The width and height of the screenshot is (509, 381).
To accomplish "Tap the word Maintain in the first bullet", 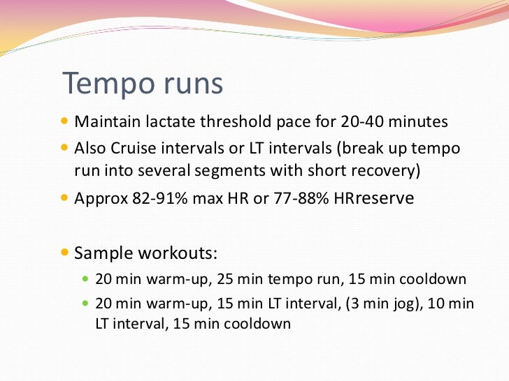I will click(x=104, y=122).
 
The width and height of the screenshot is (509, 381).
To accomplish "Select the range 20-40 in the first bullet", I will click(x=363, y=122).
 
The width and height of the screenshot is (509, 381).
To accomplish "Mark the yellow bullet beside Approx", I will click(x=66, y=198).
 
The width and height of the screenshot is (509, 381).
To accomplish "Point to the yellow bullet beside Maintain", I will click(x=66, y=121).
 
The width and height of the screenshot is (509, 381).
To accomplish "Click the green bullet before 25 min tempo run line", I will click(x=87, y=279).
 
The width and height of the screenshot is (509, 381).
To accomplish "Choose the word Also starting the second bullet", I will click(x=89, y=151).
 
